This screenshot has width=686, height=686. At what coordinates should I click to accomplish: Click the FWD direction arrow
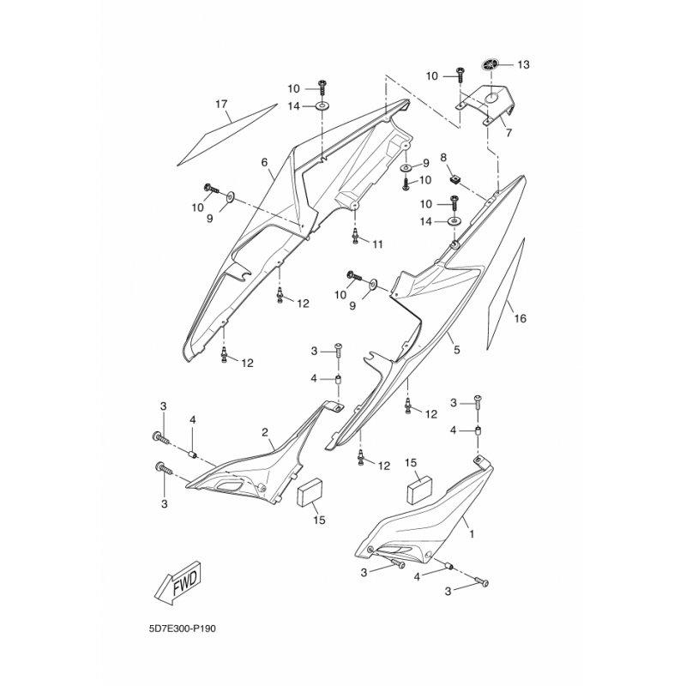[x=178, y=583]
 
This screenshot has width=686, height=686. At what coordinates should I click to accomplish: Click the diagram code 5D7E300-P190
[x=182, y=629]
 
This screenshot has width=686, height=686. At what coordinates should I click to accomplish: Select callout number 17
[x=222, y=104]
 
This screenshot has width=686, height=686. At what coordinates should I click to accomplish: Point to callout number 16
[x=521, y=318]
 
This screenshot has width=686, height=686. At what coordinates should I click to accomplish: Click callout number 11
[x=377, y=244]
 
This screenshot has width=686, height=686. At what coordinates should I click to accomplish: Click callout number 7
[x=508, y=133]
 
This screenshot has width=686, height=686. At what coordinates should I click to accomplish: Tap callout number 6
[x=264, y=162]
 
